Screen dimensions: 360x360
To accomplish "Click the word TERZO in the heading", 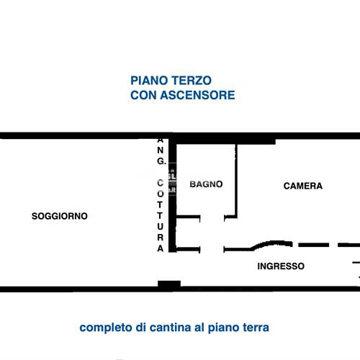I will click(x=192, y=81).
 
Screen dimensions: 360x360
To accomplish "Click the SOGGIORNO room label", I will click(x=60, y=216).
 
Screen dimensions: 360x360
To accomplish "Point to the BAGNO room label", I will click(x=206, y=184).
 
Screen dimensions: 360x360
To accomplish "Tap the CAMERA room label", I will click(x=303, y=186).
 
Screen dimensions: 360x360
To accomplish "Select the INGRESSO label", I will click(x=281, y=266).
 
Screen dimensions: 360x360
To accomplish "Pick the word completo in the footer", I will click(x=105, y=328).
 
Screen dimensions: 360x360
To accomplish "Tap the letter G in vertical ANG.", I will click(x=161, y=162).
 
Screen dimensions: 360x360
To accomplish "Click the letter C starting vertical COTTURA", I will click(x=161, y=184).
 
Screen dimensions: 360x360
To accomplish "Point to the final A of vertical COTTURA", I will click(x=161, y=248).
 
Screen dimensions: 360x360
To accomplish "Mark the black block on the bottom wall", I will click(x=168, y=285).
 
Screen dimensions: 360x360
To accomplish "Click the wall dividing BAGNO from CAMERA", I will click(x=236, y=180).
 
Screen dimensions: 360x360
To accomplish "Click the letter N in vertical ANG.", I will click(x=161, y=151).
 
